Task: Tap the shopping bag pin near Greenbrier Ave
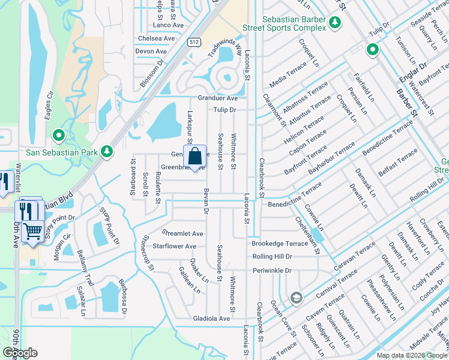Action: tap(195, 158)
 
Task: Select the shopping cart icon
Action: tap(32, 230)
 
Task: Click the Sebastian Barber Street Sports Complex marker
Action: tap(335, 23)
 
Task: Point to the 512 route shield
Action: tap(193, 42)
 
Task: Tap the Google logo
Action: tap(20, 352)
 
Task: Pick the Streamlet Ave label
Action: tap(183, 233)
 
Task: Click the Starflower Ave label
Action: tap(175, 246)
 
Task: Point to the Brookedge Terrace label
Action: tap(279, 244)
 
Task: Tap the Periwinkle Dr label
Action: tap(271, 271)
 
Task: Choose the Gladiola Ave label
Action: tap(211, 319)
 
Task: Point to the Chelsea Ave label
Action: tap(155, 38)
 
